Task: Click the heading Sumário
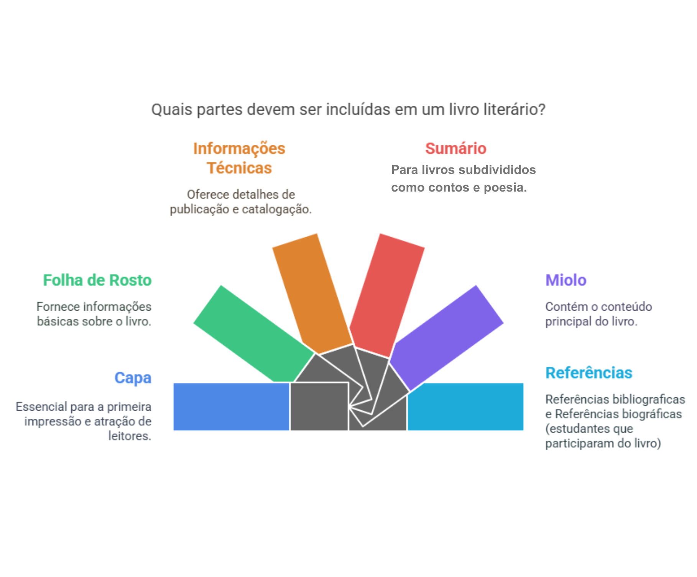456,149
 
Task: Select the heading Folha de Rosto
97,280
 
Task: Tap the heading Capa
133,378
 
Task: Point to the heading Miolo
566,280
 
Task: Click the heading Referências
589,373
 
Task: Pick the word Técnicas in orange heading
239,168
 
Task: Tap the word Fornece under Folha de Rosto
58,307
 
